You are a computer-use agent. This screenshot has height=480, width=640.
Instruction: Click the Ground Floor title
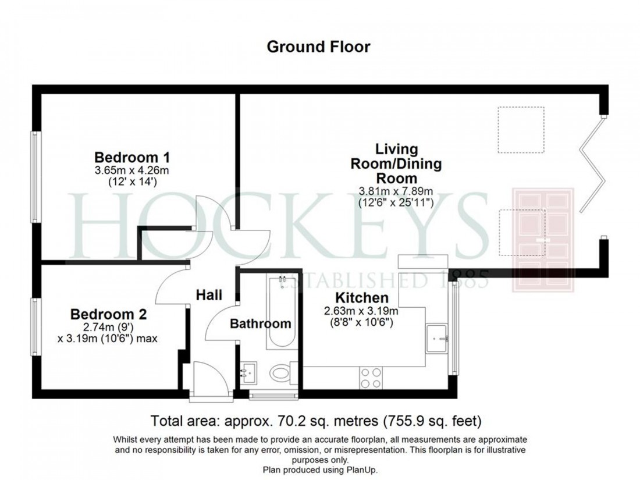point(318,47)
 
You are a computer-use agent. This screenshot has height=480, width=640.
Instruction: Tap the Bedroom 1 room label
point(132,157)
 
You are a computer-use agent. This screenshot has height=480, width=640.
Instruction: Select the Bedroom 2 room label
point(109,314)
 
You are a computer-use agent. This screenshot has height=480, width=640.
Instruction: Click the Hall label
point(208,296)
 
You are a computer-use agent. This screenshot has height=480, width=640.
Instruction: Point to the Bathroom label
point(260,324)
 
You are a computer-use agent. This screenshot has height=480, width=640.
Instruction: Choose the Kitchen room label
point(353,298)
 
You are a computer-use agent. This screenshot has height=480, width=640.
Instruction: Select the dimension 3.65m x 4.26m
point(132,170)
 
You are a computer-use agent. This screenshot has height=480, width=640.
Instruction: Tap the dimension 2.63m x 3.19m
point(353,310)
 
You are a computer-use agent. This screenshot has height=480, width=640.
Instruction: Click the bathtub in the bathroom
point(282,312)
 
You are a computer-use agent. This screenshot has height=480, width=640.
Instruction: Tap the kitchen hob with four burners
point(371,378)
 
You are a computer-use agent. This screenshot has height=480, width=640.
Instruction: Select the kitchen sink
point(437,334)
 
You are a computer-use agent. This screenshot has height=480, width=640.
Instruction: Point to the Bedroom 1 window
point(34,176)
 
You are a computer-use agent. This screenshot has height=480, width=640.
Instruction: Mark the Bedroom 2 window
point(34,326)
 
